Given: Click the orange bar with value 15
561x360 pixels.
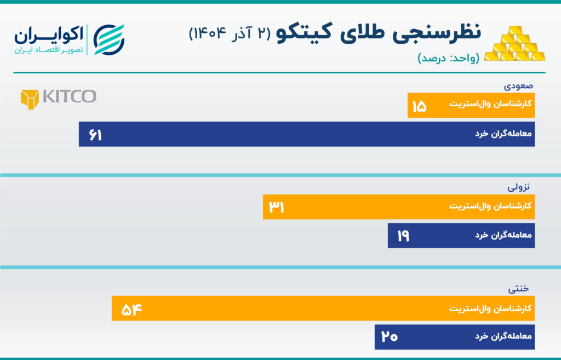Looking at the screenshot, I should pos(471,105).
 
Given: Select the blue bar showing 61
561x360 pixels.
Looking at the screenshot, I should pos(306,134).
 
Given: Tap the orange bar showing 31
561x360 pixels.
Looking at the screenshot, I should pos(398,207).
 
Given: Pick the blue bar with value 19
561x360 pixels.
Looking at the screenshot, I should pos(461,236).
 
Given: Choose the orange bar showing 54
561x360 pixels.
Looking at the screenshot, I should pos(323,308).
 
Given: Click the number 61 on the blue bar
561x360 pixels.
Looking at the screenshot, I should pos(95,135).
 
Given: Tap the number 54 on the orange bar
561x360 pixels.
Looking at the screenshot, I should pos(128,309).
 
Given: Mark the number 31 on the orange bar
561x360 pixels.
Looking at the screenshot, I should pos(276,207).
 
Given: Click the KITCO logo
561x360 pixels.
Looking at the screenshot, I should pos(58,98).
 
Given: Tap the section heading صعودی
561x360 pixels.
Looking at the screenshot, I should pos(518,86).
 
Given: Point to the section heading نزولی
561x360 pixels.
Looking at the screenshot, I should pos(519,187).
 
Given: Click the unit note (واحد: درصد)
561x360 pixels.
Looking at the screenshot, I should pos(448,59).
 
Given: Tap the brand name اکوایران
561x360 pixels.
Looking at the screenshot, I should pos(49,35).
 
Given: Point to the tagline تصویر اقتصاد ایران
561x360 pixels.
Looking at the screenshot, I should pos(49,50).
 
